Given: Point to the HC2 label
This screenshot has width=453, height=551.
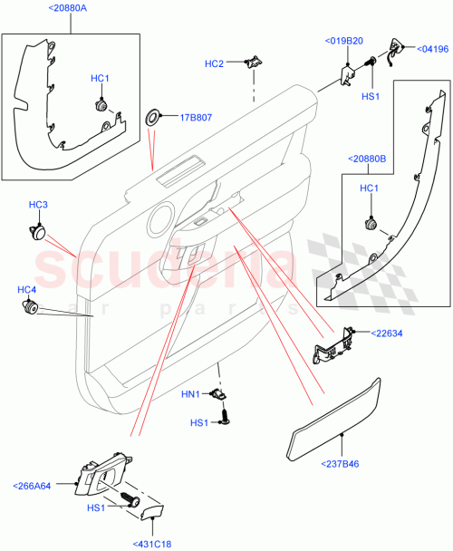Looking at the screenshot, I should [x=214, y=63].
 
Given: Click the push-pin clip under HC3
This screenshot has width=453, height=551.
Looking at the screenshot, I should [x=38, y=229].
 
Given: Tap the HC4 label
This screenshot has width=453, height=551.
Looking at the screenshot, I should [x=27, y=289].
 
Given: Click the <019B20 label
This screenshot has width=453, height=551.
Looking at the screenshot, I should [x=344, y=42].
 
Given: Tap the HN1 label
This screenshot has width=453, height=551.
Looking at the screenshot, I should [x=190, y=394].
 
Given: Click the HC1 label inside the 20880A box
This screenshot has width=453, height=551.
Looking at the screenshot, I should [x=101, y=79].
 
